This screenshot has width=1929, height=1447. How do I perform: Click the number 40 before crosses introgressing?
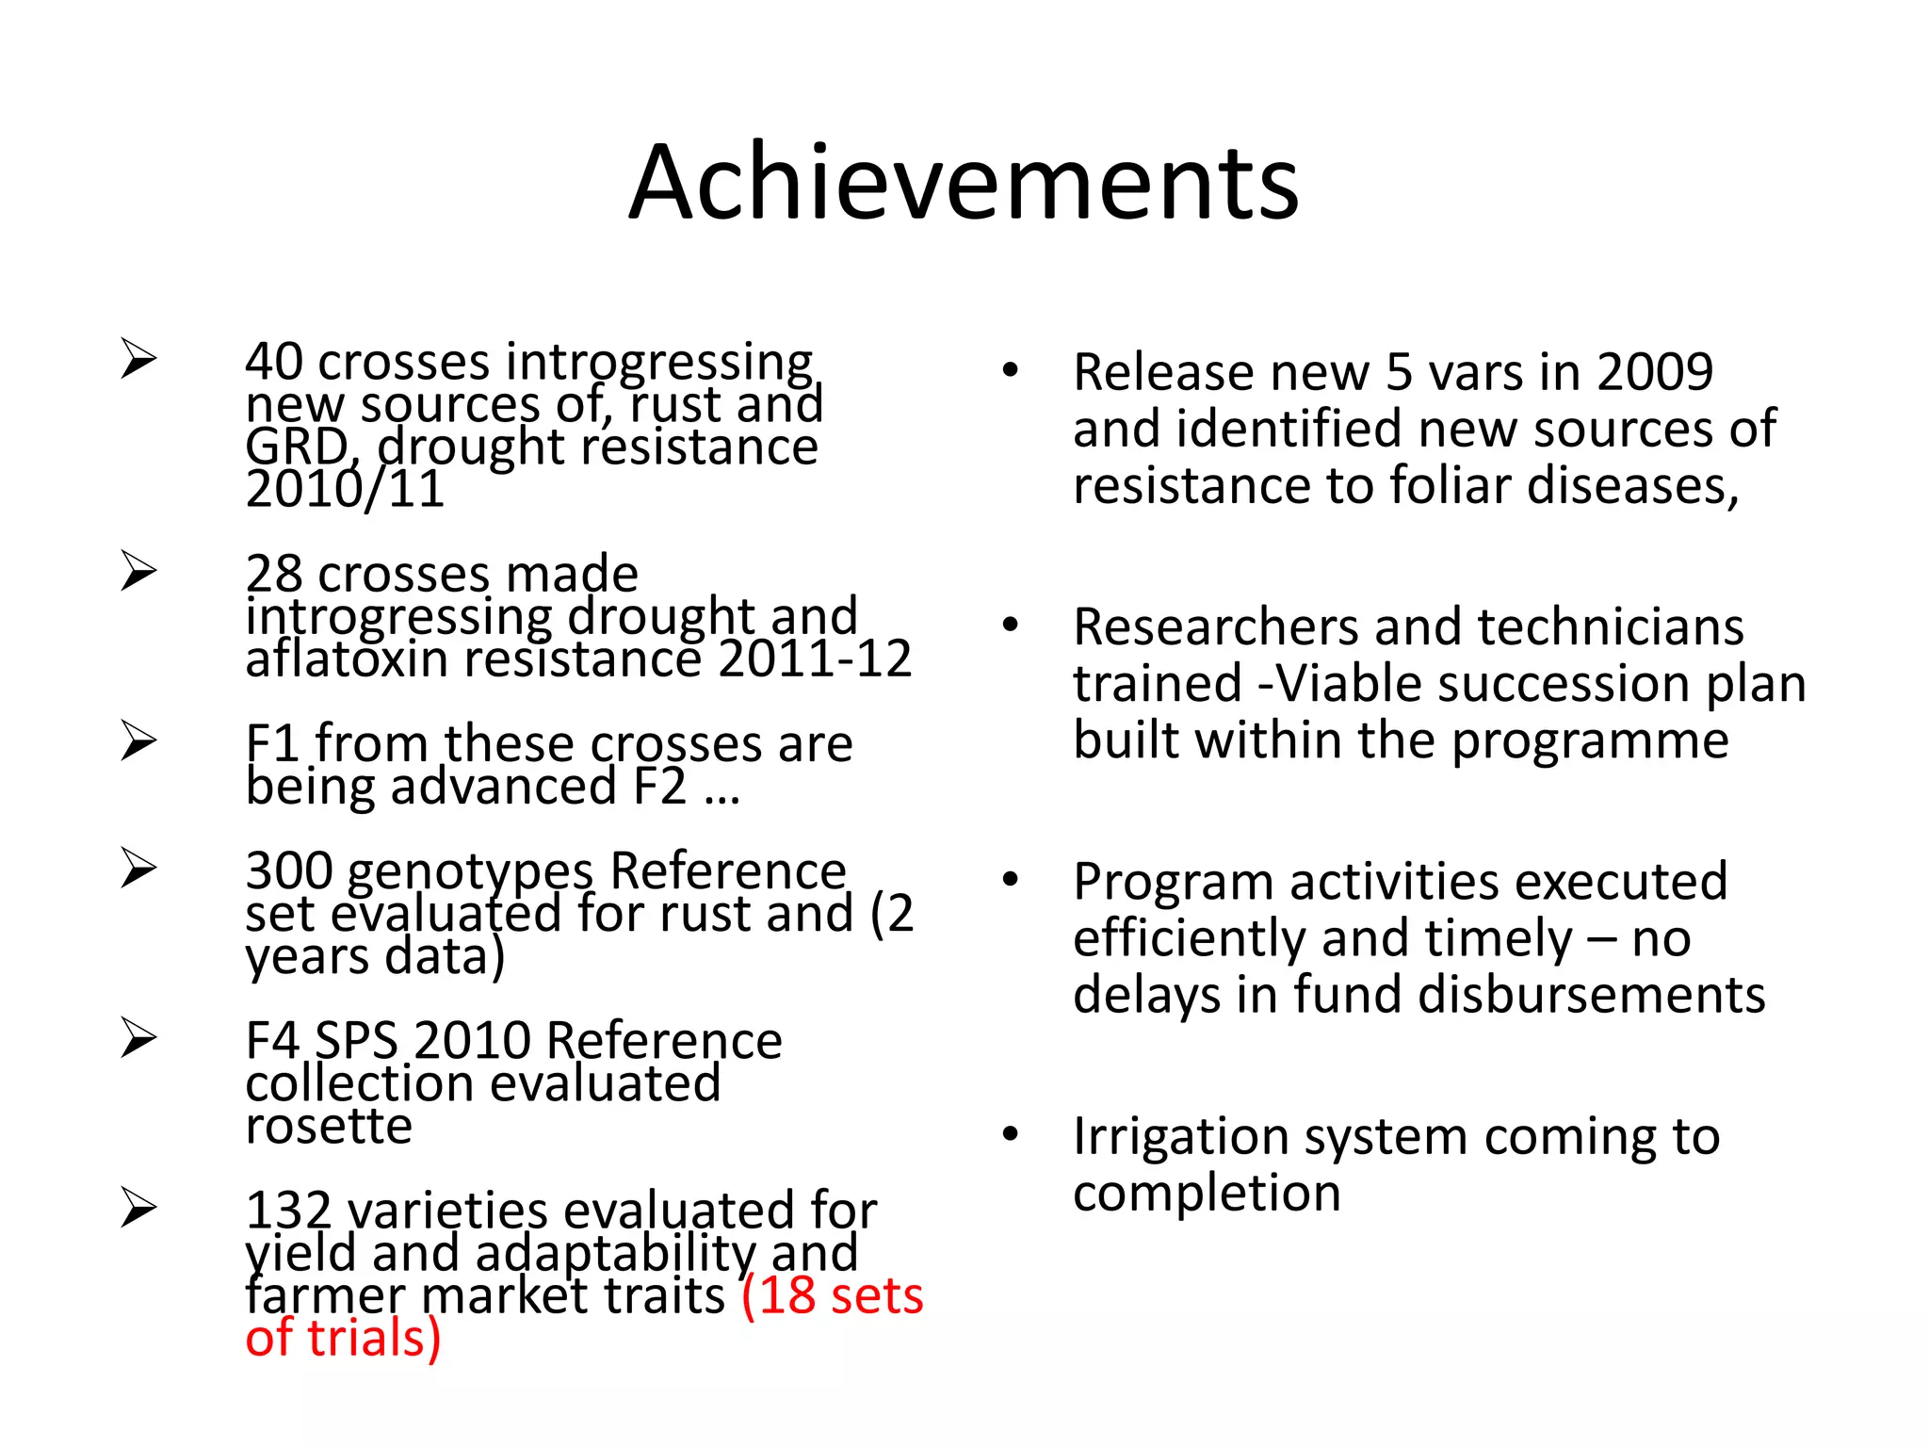274,363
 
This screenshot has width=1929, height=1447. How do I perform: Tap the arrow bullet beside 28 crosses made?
138,572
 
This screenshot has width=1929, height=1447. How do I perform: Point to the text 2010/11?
345,490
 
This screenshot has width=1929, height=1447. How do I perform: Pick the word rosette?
329,1127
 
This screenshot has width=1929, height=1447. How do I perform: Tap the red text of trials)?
343,1339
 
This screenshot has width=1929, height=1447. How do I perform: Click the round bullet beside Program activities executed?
1011,881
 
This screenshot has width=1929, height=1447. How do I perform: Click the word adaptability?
617,1254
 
